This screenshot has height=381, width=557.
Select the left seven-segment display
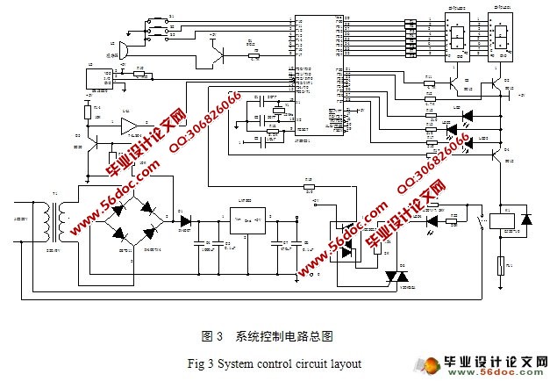coord(457,36)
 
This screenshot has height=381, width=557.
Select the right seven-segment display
coord(503,36)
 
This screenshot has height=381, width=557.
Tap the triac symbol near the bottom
coord(392,276)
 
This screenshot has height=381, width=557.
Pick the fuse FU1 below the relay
coord(501,262)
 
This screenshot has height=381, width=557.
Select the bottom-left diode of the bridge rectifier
coord(120,234)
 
